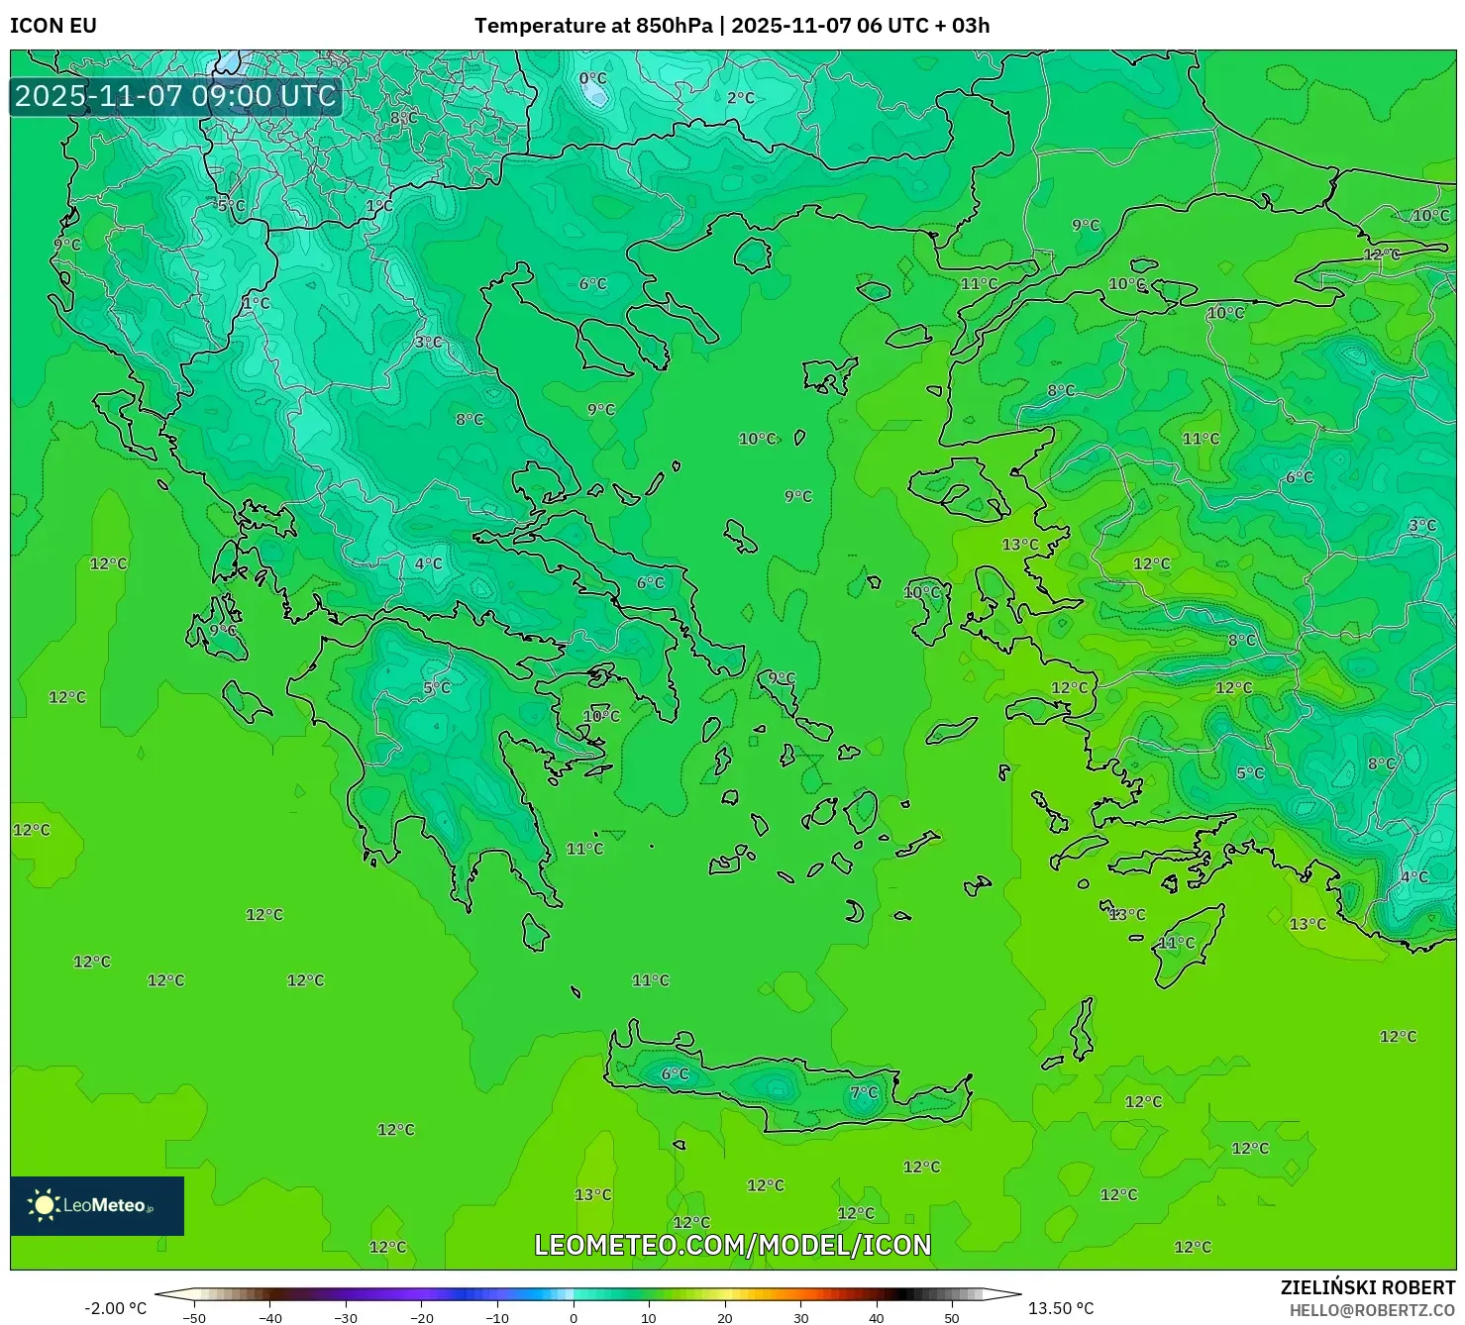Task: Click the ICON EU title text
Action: coord(53,26)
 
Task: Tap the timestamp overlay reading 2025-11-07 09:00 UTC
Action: coord(175,96)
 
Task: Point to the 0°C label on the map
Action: coord(592,79)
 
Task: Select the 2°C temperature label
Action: coord(740,98)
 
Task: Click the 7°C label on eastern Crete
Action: coord(864,1092)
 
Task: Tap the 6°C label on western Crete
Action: coord(675,1073)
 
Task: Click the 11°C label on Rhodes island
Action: coord(1177,943)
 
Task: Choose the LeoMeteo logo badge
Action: coord(97,1205)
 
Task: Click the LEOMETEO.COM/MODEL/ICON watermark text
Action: coord(732,1245)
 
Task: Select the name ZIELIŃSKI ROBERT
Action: coord(1367,1287)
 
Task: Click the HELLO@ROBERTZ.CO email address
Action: coord(1372,1310)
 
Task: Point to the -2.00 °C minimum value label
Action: coord(115,1308)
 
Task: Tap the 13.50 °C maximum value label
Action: coord(1060,1308)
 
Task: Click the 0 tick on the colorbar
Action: coord(573,1318)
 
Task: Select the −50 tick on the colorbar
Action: coord(194,1318)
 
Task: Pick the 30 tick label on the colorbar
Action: coord(800,1318)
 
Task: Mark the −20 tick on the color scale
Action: coord(421,1318)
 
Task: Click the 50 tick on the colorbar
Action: coord(952,1318)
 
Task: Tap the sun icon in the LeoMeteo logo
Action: coord(44,1205)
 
